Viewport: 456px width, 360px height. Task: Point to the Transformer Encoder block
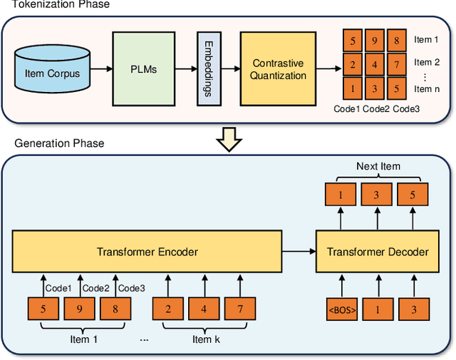point(147,251)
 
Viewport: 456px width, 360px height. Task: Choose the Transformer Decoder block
point(378,251)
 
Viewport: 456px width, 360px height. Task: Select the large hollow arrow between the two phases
point(228,140)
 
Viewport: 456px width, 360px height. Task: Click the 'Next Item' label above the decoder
point(378,166)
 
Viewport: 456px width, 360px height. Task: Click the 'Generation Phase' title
point(59,143)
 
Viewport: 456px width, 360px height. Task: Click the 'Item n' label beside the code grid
point(432,88)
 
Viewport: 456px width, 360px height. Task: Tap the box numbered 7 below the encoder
point(240,309)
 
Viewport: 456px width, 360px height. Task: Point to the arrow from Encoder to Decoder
point(299,251)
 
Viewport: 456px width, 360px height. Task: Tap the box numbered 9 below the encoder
point(79,309)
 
